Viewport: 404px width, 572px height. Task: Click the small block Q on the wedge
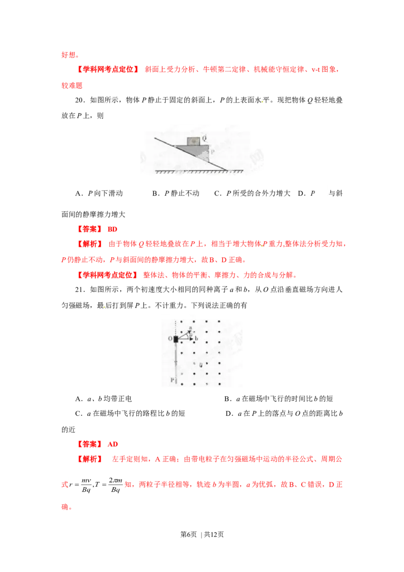point(192,141)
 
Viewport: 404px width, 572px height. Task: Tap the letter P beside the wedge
point(212,150)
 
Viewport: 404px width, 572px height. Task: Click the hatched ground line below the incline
point(202,172)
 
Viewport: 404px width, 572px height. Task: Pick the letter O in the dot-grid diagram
point(170,338)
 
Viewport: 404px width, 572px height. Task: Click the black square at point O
point(175,339)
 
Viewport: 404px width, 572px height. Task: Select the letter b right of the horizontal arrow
point(196,338)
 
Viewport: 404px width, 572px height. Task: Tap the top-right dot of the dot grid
point(219,321)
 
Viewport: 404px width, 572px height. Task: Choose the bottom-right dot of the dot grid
point(219,382)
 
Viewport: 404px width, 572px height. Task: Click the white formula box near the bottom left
point(95,485)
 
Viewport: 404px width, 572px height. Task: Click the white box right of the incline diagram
point(321,187)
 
